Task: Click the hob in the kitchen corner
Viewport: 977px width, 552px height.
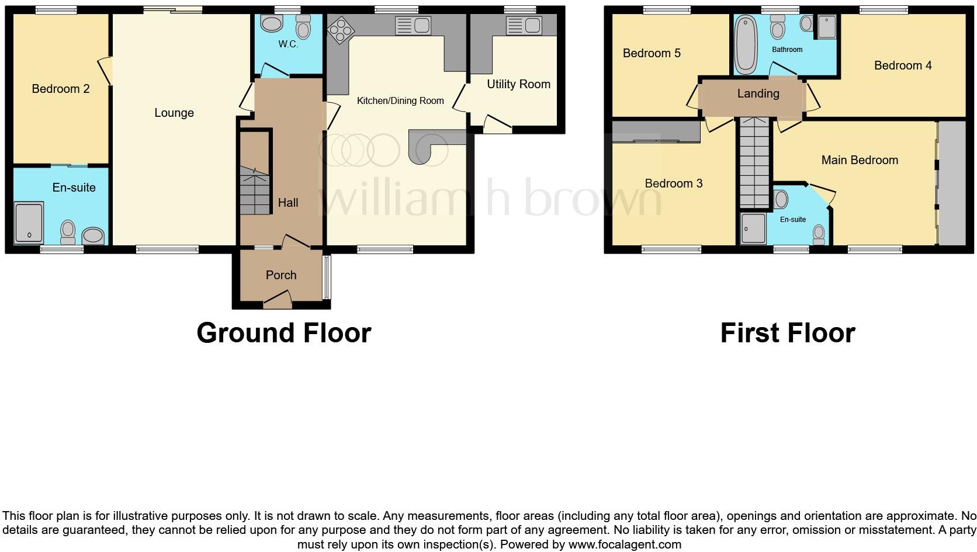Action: (340, 29)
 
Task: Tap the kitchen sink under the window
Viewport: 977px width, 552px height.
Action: (413, 26)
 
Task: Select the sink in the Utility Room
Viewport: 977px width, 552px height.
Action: (524, 25)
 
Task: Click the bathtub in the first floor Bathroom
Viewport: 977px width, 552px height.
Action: (745, 45)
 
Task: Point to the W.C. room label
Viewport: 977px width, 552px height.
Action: (288, 44)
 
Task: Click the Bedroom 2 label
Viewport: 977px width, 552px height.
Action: (61, 89)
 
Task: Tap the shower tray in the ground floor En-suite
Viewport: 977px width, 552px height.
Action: (29, 223)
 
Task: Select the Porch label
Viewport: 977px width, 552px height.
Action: (281, 275)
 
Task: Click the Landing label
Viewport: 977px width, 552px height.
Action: (758, 93)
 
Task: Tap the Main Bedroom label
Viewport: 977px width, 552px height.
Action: (860, 160)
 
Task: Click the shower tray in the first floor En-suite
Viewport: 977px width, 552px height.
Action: (753, 228)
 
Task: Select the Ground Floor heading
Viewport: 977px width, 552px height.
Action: (284, 333)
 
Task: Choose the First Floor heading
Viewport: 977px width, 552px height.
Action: (788, 333)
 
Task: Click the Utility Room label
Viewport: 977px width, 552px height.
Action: (518, 84)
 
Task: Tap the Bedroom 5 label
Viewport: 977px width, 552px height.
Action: (652, 53)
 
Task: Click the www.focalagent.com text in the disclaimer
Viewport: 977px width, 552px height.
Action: (625, 544)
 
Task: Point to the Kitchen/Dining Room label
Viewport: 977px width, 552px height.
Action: (400, 100)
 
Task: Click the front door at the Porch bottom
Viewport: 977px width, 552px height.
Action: (278, 301)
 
